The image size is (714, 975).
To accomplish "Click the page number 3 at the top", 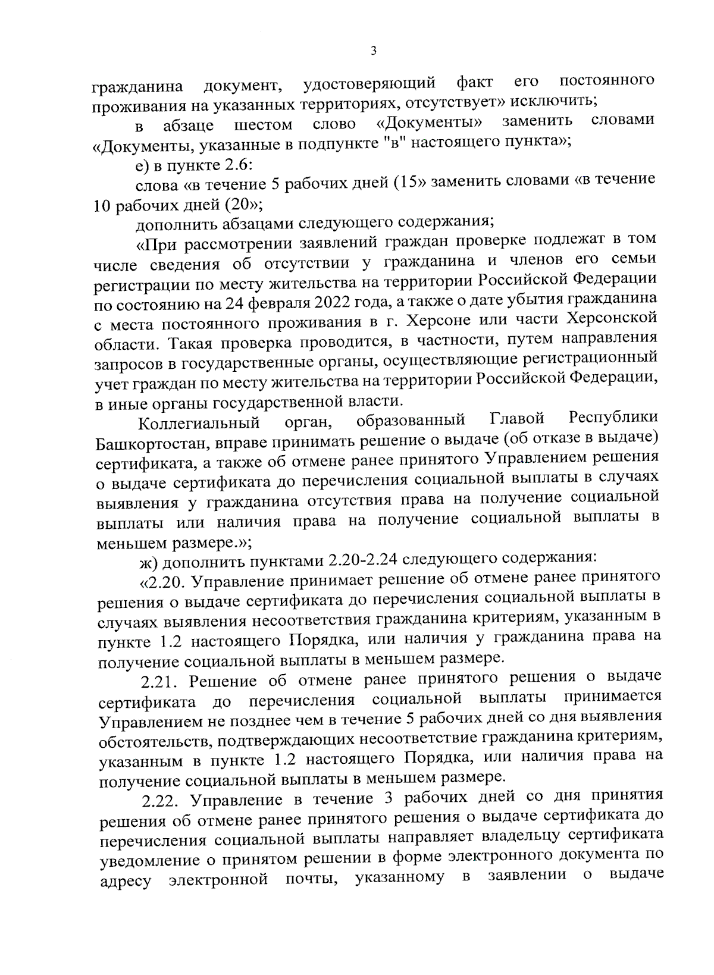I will coord(373,51).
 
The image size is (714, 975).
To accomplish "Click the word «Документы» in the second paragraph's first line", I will coord(428,124).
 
